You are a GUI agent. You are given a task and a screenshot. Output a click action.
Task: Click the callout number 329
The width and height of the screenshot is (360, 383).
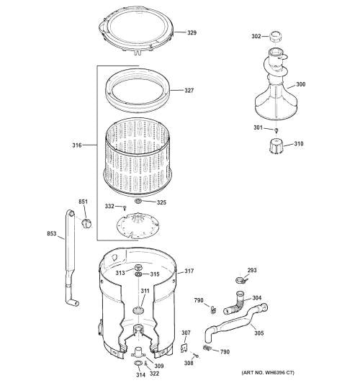pyautogui.click(x=192, y=33)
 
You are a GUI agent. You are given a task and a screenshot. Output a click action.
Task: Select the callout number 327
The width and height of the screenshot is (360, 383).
pyautogui.click(x=189, y=91)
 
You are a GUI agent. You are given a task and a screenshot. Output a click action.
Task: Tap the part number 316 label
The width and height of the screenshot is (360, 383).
pyautogui.click(x=76, y=145)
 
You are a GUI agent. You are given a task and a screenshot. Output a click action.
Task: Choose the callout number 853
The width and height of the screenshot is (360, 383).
pyautogui.click(x=52, y=234)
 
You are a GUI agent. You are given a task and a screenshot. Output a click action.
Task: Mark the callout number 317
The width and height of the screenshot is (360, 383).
pyautogui.click(x=189, y=271)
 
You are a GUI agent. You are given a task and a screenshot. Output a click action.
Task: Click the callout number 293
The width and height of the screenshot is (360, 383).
pyautogui.click(x=251, y=271)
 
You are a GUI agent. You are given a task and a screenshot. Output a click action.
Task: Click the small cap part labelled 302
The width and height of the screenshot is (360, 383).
pyautogui.click(x=274, y=35)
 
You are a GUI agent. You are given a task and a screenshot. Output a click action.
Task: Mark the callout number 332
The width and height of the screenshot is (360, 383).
pyautogui.click(x=109, y=207)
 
